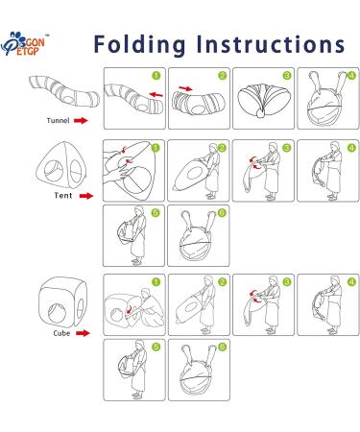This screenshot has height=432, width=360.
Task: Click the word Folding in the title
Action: (139, 45)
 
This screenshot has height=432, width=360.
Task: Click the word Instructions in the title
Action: (271, 44)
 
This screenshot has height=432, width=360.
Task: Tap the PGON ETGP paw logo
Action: (23, 44)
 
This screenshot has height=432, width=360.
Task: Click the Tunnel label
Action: (58, 121)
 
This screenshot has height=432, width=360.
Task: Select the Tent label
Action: (63, 195)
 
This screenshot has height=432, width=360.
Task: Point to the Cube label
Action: (61, 333)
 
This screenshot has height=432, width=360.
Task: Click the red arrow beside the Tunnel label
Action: (81, 121)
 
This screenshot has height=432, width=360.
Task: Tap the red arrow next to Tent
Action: (85, 196)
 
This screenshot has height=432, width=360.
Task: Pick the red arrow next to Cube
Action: (83, 333)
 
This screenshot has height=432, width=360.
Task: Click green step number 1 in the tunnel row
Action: (156, 76)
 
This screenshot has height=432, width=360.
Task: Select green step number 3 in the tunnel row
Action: (286, 76)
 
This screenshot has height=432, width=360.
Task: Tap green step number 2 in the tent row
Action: (222, 148)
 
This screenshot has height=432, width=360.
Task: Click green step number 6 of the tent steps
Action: (222, 213)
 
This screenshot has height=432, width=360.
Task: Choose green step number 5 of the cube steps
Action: (156, 347)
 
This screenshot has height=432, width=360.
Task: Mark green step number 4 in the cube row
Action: (351, 282)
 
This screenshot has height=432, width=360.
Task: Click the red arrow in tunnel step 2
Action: (185, 88)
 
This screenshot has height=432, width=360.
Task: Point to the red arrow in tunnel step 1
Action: (156, 94)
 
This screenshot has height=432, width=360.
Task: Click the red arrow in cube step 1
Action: (129, 309)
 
